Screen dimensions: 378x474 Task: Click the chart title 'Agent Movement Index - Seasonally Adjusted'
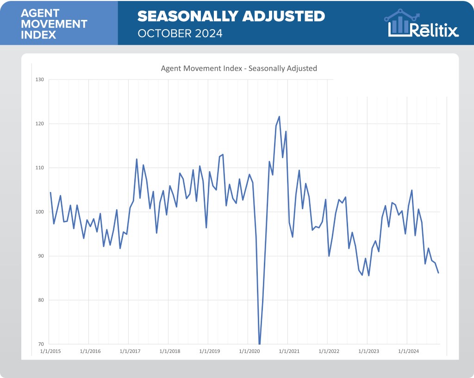pyautogui.click(x=238, y=68)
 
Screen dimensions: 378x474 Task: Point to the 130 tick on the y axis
pyautogui.click(x=39, y=80)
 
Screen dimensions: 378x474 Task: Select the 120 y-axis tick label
pyautogui.click(x=39, y=124)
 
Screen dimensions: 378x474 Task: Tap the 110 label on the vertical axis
pyautogui.click(x=39, y=167)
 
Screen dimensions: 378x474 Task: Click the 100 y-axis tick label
pyautogui.click(x=39, y=212)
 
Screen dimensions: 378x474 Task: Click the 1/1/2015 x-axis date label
pyautogui.click(x=50, y=352)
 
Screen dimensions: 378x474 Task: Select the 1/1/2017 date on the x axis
pyautogui.click(x=130, y=352)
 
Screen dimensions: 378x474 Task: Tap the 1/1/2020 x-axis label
pyautogui.click(x=249, y=352)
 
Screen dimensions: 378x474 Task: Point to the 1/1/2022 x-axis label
pyautogui.click(x=329, y=352)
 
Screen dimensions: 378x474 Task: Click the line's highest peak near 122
pyautogui.click(x=279, y=117)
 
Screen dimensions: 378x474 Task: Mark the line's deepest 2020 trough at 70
pyautogui.click(x=259, y=344)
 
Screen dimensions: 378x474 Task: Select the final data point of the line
pyautogui.click(x=438, y=273)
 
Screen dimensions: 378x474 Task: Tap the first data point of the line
pyautogui.click(x=50, y=192)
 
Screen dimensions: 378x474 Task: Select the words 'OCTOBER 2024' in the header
pyautogui.click(x=180, y=33)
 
